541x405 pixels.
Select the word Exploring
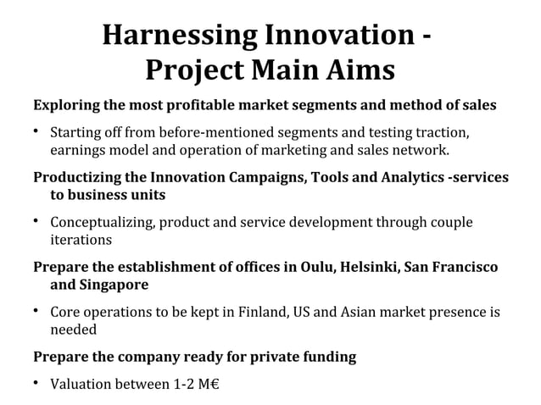(66, 108)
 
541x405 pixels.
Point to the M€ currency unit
(209, 385)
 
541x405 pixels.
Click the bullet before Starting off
(37, 132)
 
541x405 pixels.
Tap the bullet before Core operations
(37, 313)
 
